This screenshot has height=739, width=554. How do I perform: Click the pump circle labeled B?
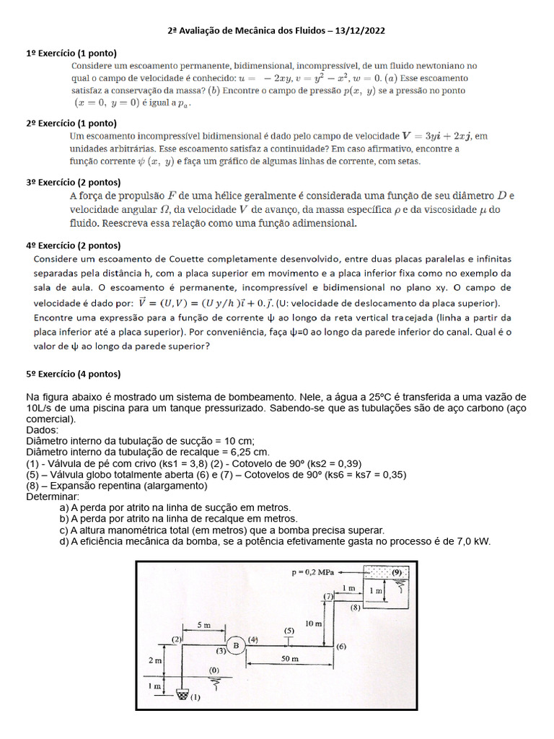[235, 645]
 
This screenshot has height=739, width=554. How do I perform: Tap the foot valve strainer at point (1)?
[183, 696]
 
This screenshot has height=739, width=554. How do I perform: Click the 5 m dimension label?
[203, 626]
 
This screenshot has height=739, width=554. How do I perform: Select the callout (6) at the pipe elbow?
[341, 645]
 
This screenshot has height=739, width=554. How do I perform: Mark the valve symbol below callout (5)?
[289, 639]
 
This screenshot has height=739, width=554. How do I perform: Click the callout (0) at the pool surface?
[214, 670]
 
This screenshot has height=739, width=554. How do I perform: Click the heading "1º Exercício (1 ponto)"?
[71, 53]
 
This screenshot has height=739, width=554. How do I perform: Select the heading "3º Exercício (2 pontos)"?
[74, 182]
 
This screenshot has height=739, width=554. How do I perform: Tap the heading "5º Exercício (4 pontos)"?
[74, 374]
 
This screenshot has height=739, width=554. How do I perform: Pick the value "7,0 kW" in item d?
[473, 541]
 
